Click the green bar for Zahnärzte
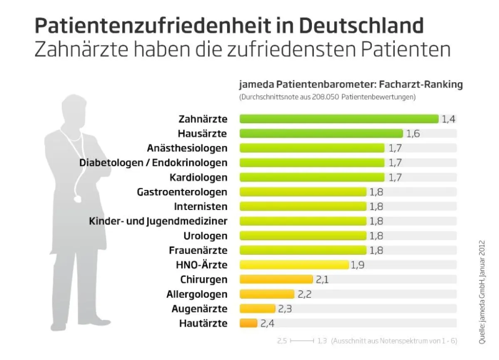point(338,119)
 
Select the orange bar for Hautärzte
point(248,323)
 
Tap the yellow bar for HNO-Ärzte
point(294,265)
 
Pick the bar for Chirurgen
point(276,279)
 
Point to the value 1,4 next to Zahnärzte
point(449,119)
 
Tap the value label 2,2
point(305,294)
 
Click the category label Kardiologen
point(198,178)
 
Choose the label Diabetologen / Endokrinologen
point(153,163)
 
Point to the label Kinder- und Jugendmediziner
point(158,221)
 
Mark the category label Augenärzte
point(199,309)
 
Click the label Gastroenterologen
point(182,192)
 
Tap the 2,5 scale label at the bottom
point(282,341)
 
